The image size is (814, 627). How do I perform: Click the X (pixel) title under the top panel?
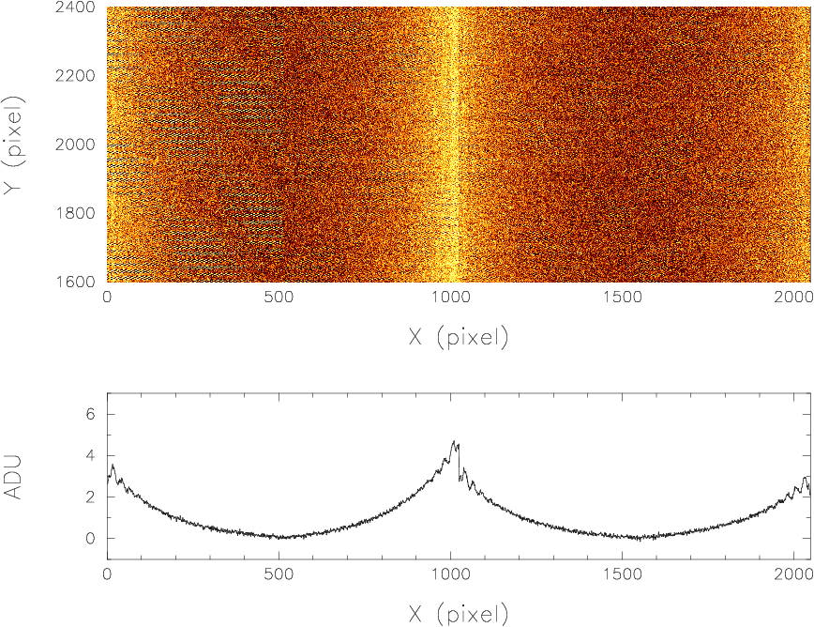pyautogui.click(x=459, y=337)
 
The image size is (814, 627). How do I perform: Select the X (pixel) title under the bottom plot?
pyautogui.click(x=459, y=615)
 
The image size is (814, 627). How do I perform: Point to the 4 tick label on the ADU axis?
pyautogui.click(x=91, y=456)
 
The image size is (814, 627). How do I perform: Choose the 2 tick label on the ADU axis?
pyautogui.click(x=91, y=497)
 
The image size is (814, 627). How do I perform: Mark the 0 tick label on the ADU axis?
pyautogui.click(x=91, y=539)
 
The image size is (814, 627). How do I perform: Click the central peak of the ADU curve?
pyautogui.click(x=454, y=442)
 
